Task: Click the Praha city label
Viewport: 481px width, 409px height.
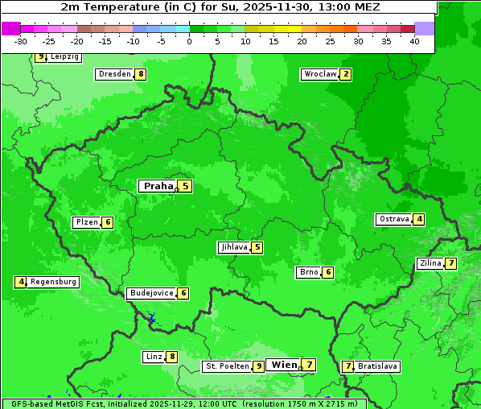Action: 158,186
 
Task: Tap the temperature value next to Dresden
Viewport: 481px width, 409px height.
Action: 141,74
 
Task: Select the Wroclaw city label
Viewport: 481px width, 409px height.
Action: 319,74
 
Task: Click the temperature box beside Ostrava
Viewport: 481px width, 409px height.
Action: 419,219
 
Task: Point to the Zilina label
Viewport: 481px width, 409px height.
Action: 430,263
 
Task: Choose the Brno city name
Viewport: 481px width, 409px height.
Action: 308,272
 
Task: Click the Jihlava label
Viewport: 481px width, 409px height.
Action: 233,247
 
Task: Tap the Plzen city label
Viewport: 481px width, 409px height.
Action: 86,222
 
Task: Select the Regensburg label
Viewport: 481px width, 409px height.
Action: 53,282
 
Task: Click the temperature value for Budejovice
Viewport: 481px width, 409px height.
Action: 183,293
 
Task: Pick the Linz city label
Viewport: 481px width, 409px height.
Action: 154,357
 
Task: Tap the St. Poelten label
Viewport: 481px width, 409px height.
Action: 226,366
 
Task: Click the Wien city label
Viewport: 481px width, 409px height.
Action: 284,365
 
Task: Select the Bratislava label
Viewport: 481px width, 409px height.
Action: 377,366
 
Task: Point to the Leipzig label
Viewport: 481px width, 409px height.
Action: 64,57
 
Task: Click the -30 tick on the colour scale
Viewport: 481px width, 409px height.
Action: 21,41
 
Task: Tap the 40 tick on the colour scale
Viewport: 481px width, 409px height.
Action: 414,41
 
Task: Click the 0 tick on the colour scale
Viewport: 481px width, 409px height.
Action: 190,41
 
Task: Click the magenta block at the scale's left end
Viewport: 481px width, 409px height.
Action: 10,28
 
